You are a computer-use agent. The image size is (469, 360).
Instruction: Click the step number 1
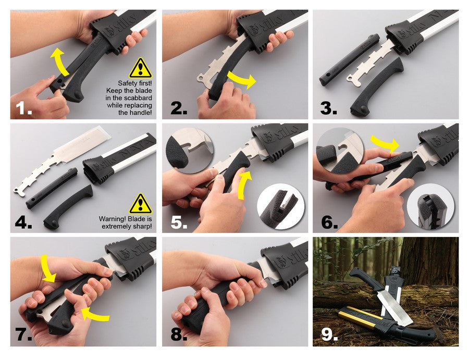tap(23, 108)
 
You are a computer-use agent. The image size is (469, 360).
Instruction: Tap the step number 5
tap(179, 222)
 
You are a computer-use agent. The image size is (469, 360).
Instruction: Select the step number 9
tap(330, 334)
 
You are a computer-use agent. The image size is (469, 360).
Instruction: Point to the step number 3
tap(328, 108)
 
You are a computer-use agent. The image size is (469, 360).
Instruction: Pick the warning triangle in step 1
tap(140, 68)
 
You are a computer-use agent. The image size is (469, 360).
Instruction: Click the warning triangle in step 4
tap(140, 204)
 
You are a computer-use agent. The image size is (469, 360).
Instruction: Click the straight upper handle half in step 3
tap(349, 61)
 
